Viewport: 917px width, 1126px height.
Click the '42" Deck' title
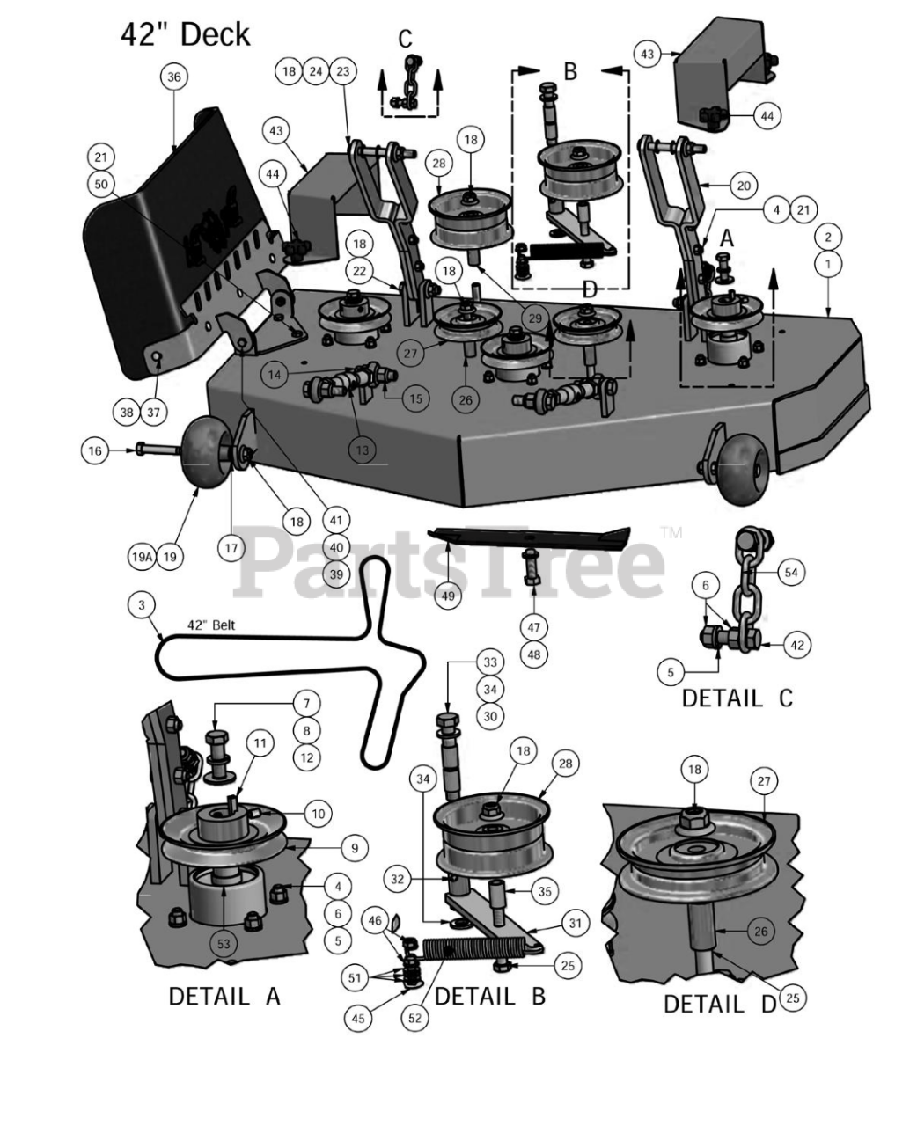[186, 36]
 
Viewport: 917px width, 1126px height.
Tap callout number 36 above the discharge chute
[174, 77]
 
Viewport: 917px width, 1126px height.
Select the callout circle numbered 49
[448, 596]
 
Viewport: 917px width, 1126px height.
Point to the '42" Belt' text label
[211, 625]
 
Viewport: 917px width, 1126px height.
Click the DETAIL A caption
[224, 997]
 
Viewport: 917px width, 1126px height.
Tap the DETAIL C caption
[737, 698]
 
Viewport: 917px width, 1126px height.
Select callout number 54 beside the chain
[791, 572]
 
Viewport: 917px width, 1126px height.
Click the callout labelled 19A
[142, 557]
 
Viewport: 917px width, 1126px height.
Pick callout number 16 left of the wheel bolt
[95, 451]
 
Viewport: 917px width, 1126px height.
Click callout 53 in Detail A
[224, 944]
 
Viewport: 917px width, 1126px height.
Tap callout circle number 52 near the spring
[415, 1018]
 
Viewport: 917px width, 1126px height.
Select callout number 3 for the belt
[142, 605]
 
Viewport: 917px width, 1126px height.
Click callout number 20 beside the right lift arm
[744, 186]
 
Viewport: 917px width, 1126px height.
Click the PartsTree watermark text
[449, 565]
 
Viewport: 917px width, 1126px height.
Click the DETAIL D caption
[720, 1004]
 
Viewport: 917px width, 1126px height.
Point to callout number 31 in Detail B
[576, 924]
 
